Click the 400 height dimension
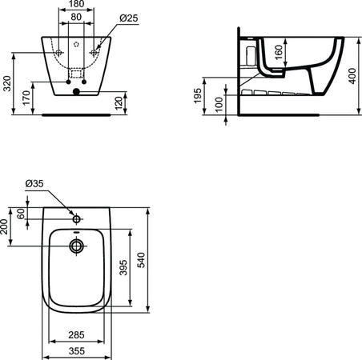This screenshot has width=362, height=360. coord(352,74)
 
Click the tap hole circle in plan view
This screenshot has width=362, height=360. coord(76,218)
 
